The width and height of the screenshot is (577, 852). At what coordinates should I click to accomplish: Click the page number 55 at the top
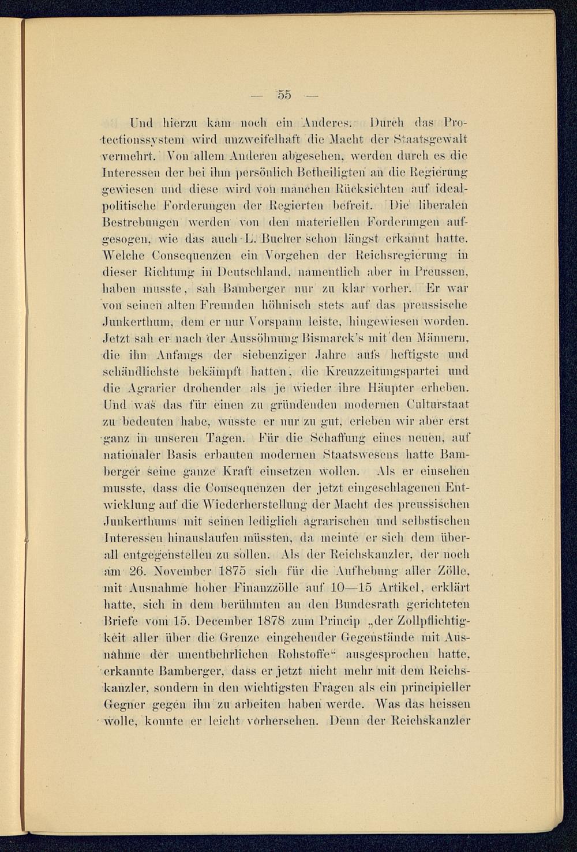[x=286, y=95]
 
